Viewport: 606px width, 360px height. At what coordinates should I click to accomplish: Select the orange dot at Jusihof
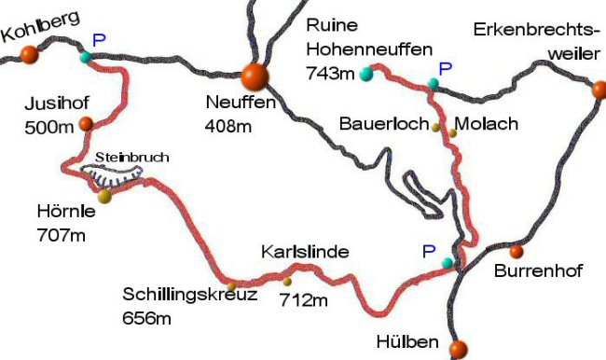[x=86, y=123]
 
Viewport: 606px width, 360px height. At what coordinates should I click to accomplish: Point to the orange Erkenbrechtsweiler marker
[x=599, y=90]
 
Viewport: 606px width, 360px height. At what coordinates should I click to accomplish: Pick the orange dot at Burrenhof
[x=516, y=250]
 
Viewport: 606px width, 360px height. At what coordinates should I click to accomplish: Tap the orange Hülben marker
[x=456, y=350]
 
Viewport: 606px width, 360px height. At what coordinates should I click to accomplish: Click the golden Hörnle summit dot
[x=103, y=196]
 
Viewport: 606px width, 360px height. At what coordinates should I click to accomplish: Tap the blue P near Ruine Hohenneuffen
[x=445, y=68]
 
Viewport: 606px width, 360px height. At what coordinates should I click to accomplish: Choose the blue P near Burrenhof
[x=429, y=250]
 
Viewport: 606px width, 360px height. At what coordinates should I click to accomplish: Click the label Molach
[x=485, y=124]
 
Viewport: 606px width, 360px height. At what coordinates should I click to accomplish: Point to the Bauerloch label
[x=382, y=124]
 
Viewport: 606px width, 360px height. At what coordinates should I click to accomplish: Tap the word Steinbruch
[x=131, y=157]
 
